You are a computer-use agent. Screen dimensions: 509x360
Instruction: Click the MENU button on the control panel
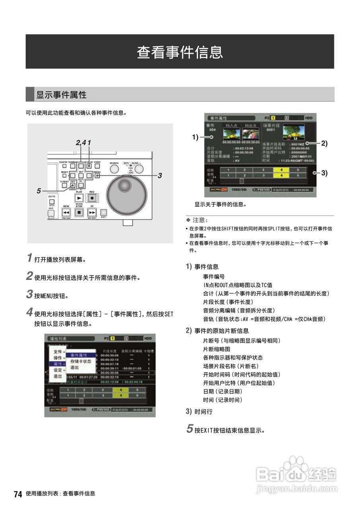(97, 175)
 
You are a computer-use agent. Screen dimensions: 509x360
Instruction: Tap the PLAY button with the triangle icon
(79, 198)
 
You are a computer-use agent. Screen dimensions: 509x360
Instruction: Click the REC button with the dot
(92, 198)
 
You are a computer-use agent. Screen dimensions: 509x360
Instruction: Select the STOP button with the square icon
(79, 213)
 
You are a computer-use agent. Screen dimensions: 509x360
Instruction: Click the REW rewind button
(66, 213)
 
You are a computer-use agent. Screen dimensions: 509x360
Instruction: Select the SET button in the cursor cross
(81, 175)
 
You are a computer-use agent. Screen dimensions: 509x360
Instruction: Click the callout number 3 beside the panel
(160, 175)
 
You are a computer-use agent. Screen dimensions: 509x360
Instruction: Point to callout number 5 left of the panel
(39, 191)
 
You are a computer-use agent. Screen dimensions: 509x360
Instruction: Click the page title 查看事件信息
(180, 52)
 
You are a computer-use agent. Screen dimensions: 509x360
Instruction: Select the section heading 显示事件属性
(61, 95)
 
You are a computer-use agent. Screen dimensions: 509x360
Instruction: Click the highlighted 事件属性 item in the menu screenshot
(79, 355)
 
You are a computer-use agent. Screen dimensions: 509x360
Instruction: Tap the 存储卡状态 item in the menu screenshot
(80, 361)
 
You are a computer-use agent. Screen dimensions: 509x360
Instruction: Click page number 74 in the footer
(18, 494)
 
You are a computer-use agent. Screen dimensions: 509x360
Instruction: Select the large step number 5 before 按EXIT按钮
(190, 429)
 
